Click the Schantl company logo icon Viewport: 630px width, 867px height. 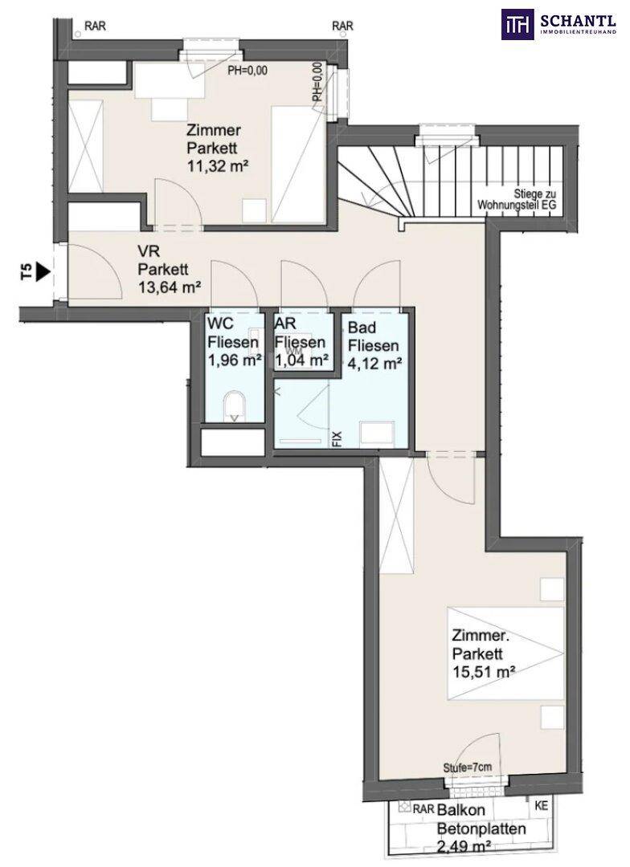pyautogui.click(x=517, y=24)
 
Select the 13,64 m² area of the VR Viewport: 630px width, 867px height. pyautogui.click(x=170, y=287)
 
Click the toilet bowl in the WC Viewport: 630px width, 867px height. pyautogui.click(x=235, y=407)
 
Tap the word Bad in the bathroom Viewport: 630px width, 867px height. pyautogui.click(x=362, y=328)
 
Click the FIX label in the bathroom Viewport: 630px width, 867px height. pyautogui.click(x=337, y=439)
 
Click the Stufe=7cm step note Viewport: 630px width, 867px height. pyautogui.click(x=468, y=767)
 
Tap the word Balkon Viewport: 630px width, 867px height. pyautogui.click(x=461, y=810)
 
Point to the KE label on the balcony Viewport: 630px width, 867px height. pyautogui.click(x=542, y=806)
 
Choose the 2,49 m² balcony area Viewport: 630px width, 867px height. pyautogui.click(x=464, y=847)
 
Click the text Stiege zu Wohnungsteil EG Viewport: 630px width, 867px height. pyautogui.click(x=517, y=200)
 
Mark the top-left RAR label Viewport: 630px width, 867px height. pyautogui.click(x=95, y=26)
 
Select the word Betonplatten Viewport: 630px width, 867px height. pyautogui.click(x=481, y=828)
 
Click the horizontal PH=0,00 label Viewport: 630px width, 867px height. pyautogui.click(x=248, y=70)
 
